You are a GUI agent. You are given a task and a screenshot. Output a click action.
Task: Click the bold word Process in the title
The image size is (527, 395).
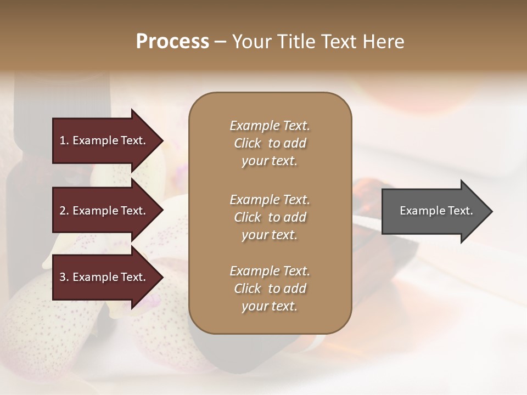pos(172,42)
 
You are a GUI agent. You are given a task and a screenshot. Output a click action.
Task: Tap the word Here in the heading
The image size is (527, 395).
pos(383,42)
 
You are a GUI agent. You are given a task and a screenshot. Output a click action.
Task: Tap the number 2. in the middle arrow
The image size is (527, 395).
pos(64,211)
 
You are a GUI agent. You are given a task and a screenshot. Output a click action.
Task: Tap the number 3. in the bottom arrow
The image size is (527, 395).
pos(64,278)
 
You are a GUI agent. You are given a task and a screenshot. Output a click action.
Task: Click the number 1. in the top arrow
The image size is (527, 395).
pos(64,140)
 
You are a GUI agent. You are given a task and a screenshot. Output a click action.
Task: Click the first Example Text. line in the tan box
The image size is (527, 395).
pos(270,126)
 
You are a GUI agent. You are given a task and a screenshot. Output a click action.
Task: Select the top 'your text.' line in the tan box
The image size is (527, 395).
pos(270,161)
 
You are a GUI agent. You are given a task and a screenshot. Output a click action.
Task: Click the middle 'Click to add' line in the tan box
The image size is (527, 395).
pos(270,217)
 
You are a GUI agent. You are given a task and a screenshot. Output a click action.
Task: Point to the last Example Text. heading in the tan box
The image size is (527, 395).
pos(270,271)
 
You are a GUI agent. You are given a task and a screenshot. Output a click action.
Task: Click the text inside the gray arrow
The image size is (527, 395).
pos(436,211)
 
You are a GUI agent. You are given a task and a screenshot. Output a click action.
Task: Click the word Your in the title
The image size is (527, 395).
pos(252,42)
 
